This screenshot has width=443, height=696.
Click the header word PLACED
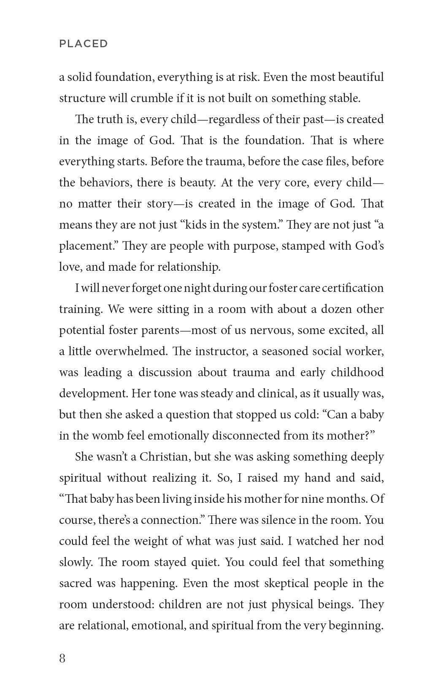(x=84, y=44)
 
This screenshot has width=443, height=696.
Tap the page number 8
(x=62, y=658)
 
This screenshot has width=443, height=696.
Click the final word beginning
(x=357, y=626)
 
